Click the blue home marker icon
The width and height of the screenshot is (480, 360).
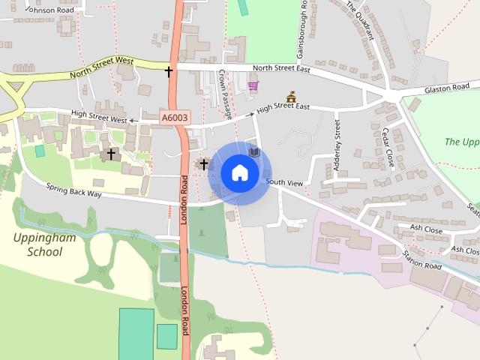pyautogui.click(x=239, y=172)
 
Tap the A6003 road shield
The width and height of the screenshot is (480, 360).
pyautogui.click(x=175, y=118)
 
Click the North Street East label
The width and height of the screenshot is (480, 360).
pyautogui.click(x=283, y=68)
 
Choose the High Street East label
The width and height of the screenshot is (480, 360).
pyautogui.click(x=283, y=107)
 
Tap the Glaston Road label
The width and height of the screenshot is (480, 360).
pyautogui.click(x=446, y=88)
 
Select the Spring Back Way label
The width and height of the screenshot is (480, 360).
pyautogui.click(x=73, y=192)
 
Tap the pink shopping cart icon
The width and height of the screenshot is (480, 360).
pyautogui.click(x=253, y=86)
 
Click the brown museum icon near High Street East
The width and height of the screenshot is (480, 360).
pyautogui.click(x=291, y=97)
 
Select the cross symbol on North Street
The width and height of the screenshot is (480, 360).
pyautogui.click(x=169, y=71)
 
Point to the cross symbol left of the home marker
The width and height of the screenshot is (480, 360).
pyautogui.click(x=203, y=163)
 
